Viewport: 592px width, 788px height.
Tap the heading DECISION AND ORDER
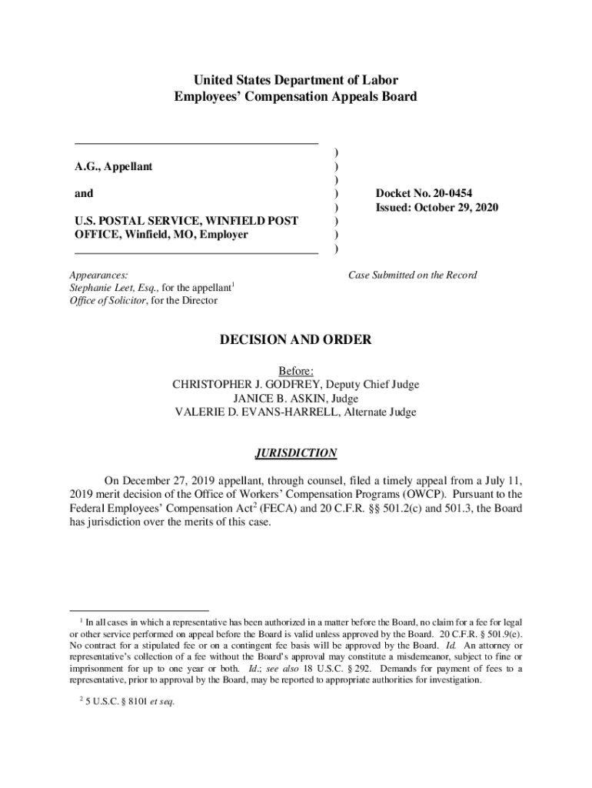tap(296, 339)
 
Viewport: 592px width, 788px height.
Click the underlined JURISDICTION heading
tap(296, 453)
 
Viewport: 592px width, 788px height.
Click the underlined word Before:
tap(296, 371)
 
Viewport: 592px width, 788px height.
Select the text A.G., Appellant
tap(113, 166)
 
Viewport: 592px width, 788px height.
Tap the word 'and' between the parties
tap(84, 194)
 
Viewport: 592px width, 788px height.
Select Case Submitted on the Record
tap(412, 275)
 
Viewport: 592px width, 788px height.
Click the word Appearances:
tap(98, 275)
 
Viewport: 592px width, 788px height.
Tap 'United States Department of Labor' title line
tap(296, 80)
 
